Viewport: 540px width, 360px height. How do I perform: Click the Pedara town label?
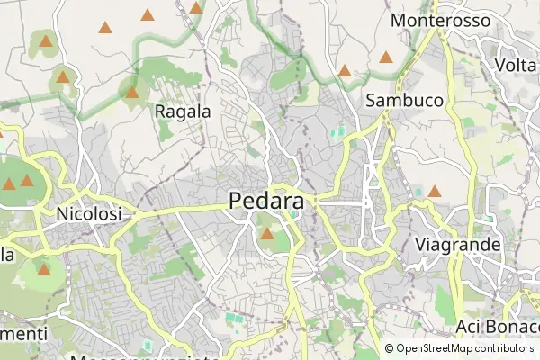(266, 202)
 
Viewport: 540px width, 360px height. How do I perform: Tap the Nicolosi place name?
(88, 214)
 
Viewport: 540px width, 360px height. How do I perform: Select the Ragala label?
(183, 112)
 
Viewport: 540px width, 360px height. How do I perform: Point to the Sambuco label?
(404, 101)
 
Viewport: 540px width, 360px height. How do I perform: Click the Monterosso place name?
(441, 20)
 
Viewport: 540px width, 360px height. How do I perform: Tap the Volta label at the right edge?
(516, 65)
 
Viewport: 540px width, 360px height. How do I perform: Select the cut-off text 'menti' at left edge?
(23, 334)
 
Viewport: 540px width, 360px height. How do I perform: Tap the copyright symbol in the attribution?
(390, 348)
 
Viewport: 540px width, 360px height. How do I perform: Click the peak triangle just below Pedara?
(267, 234)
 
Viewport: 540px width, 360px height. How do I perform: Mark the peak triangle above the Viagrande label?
(435, 191)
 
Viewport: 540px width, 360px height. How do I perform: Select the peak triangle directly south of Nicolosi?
(44, 268)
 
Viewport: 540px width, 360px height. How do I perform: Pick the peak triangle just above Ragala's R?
(132, 92)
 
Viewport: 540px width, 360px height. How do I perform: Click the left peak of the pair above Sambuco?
(344, 70)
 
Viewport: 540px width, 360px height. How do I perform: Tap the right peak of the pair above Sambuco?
(386, 58)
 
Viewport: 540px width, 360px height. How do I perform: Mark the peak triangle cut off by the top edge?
(196, 6)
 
